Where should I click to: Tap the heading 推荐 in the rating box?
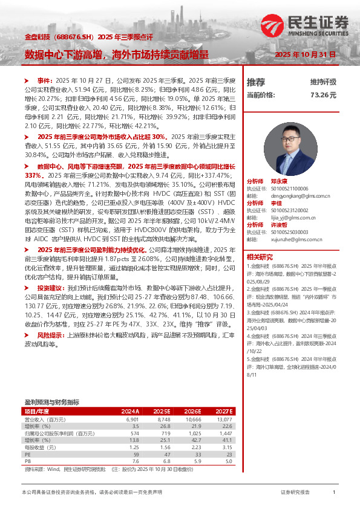coord(256,82)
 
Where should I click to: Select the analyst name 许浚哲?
coord(280,225)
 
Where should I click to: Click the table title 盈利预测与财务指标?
coord(51,401)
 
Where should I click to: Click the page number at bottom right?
coord(334,493)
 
